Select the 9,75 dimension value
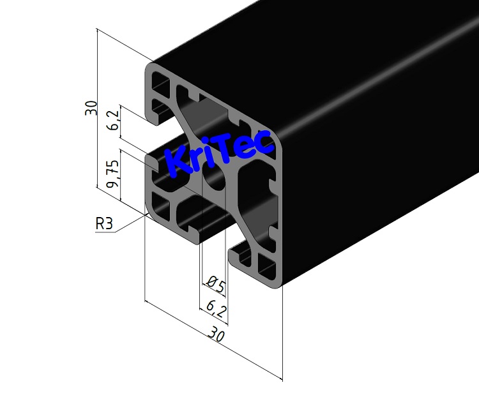[113, 174]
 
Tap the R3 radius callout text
[103, 224]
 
